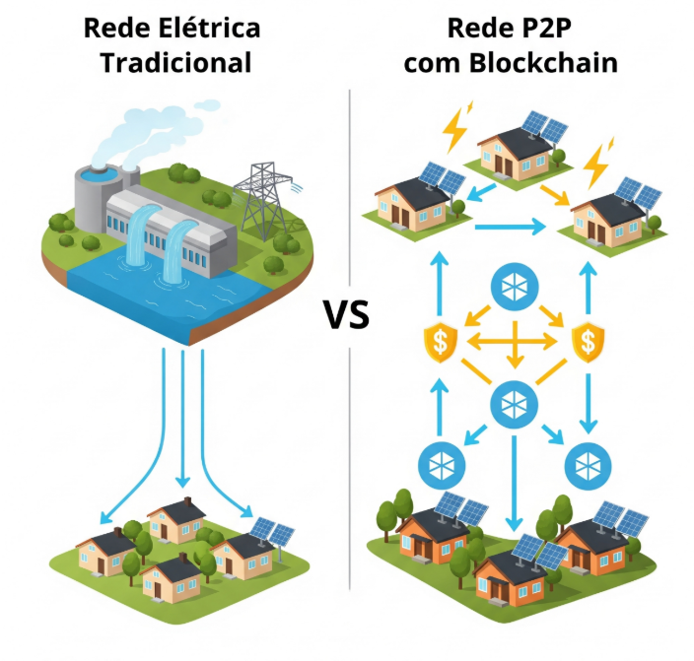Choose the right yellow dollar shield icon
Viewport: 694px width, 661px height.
coord(589,341)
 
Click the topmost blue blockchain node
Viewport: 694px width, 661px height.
coord(513,286)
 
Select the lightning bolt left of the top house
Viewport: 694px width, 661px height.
coord(456,125)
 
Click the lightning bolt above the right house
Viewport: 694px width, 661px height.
coord(596,165)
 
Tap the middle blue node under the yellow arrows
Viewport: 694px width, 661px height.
coord(513,400)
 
